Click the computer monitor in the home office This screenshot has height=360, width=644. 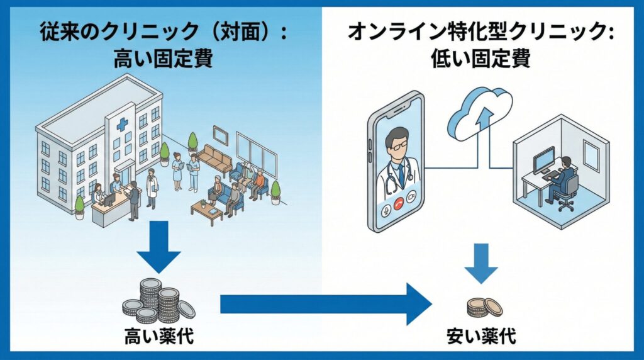(x=543, y=160)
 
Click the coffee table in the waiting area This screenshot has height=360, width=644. (x=207, y=208)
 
